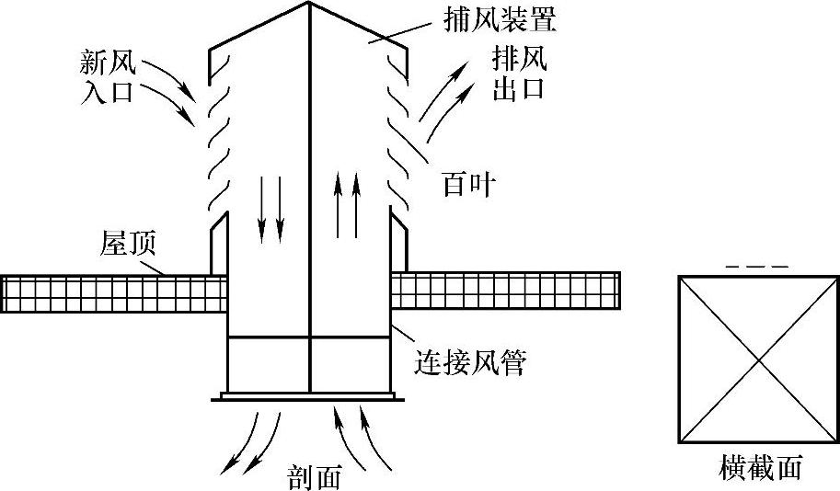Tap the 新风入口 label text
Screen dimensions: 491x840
(x=109, y=77)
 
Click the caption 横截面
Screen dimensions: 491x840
(x=760, y=468)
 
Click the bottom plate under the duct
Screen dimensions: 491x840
(x=309, y=397)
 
